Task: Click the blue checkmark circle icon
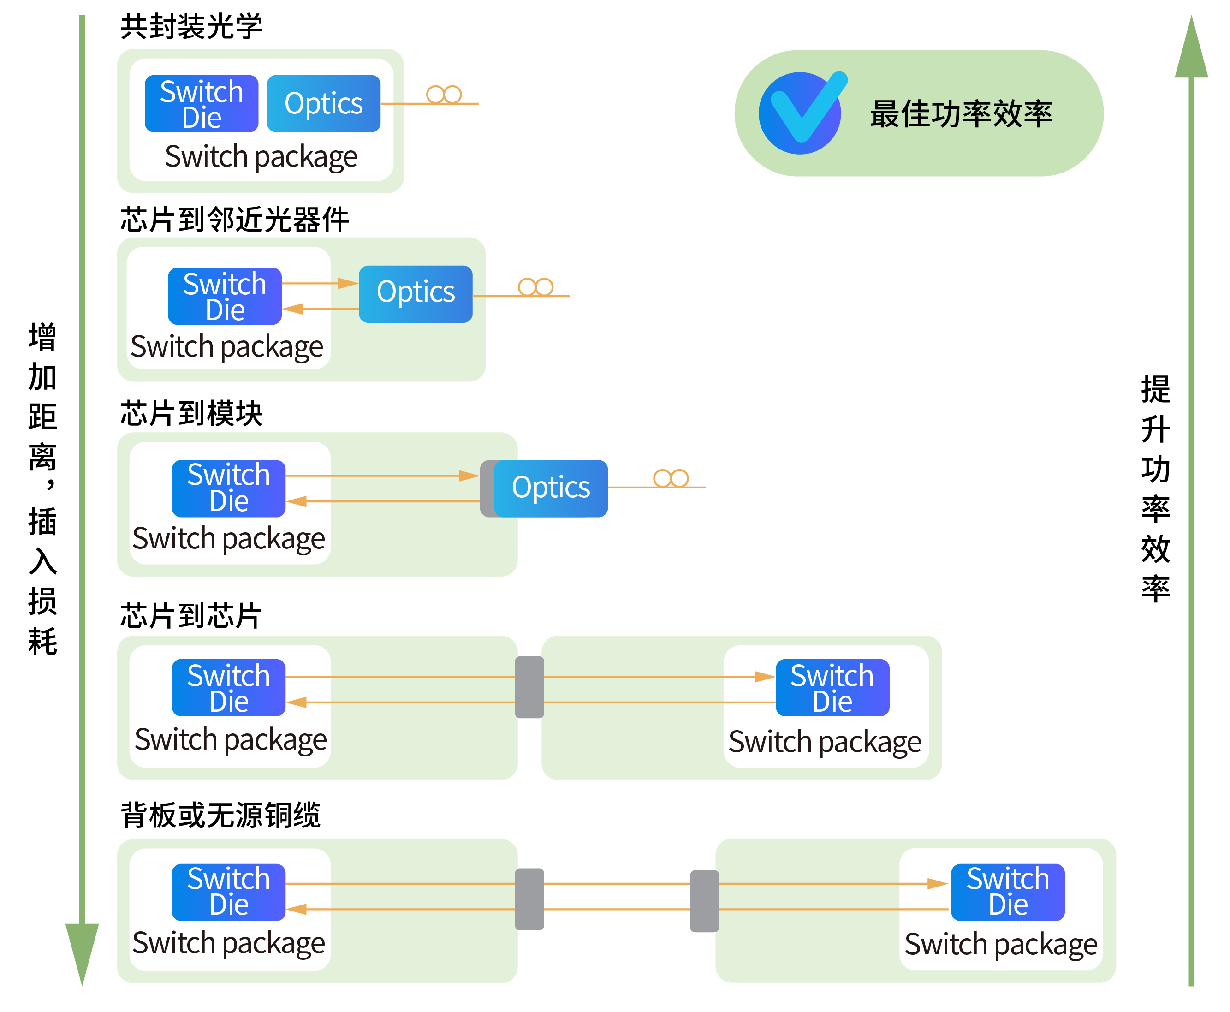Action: (800, 113)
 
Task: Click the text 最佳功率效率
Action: (961, 113)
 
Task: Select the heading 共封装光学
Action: (191, 27)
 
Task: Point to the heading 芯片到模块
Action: (191, 414)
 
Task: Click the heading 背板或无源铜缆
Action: (220, 815)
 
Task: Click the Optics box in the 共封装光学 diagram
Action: (324, 104)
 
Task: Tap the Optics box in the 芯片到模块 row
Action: (551, 488)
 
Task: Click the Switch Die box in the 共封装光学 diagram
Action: (201, 104)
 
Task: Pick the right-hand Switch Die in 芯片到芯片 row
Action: (832, 688)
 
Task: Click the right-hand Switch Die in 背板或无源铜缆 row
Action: (1007, 892)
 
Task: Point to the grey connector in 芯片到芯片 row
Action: (529, 687)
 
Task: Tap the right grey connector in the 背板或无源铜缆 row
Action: (704, 901)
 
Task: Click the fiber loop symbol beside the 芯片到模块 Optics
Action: (671, 479)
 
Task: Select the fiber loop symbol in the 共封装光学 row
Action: (444, 95)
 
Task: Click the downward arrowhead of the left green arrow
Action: (82, 950)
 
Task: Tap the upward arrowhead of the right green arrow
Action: (1191, 49)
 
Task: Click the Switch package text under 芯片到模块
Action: (228, 538)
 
